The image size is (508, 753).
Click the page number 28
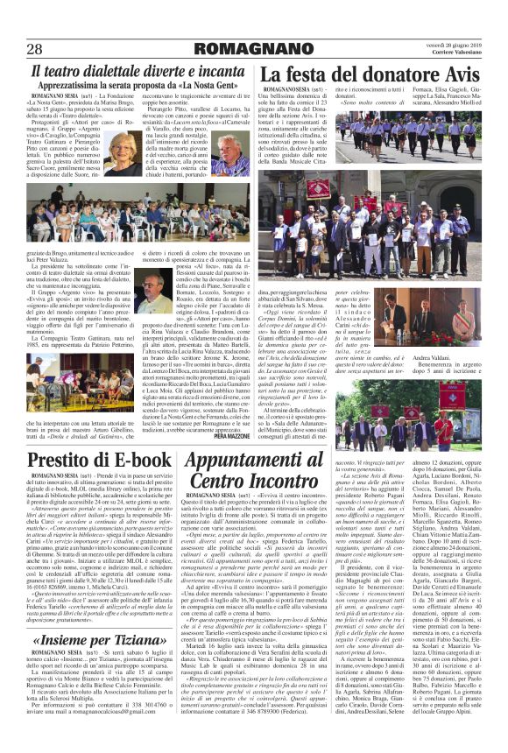pyautogui.click(x=36, y=47)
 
